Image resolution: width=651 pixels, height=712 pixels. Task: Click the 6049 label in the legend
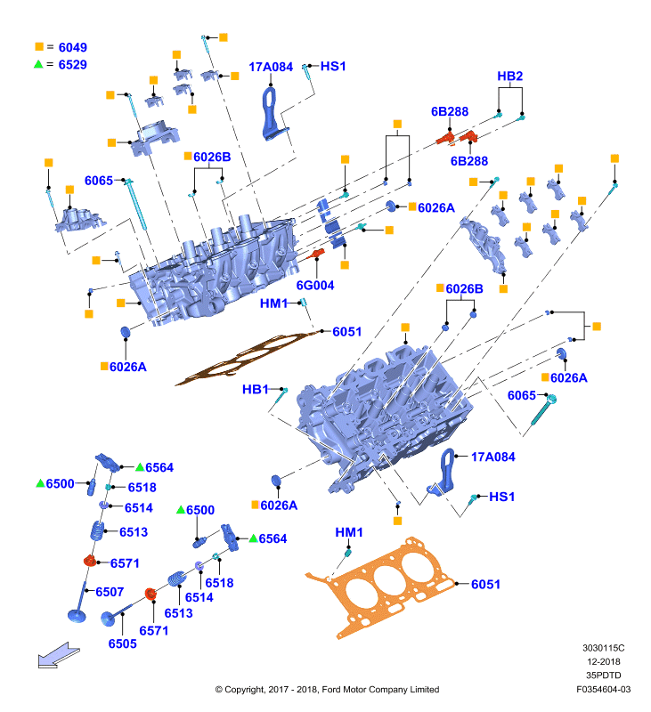pyautogui.click(x=73, y=47)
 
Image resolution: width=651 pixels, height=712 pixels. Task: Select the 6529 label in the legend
pyautogui.click(x=73, y=64)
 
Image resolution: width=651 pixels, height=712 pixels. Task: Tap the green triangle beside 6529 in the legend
pyautogui.click(x=38, y=64)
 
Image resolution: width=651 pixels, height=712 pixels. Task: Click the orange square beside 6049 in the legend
pyautogui.click(x=39, y=46)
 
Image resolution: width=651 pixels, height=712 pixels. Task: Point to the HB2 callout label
pyautogui.click(x=509, y=76)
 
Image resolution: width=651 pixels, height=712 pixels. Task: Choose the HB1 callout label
pyautogui.click(x=256, y=389)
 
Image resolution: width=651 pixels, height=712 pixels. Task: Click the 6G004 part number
pyautogui.click(x=315, y=285)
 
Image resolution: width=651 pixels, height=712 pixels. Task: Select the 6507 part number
pyautogui.click(x=110, y=592)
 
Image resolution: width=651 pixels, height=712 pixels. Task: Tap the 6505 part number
pyautogui.click(x=122, y=643)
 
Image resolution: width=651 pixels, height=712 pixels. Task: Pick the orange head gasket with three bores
pyautogui.click(x=380, y=587)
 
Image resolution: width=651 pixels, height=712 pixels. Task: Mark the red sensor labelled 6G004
pyautogui.click(x=315, y=255)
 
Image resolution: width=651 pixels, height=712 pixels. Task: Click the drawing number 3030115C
pyautogui.click(x=603, y=648)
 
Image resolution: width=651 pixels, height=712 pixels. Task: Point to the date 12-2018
pyautogui.click(x=603, y=661)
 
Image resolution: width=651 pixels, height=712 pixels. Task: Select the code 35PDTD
pyautogui.click(x=603, y=676)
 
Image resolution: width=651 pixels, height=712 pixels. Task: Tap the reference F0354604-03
pyautogui.click(x=603, y=689)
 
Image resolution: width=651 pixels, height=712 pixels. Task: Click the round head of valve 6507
pyautogui.click(x=77, y=616)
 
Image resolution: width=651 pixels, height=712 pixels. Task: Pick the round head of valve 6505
pyautogui.click(x=108, y=619)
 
